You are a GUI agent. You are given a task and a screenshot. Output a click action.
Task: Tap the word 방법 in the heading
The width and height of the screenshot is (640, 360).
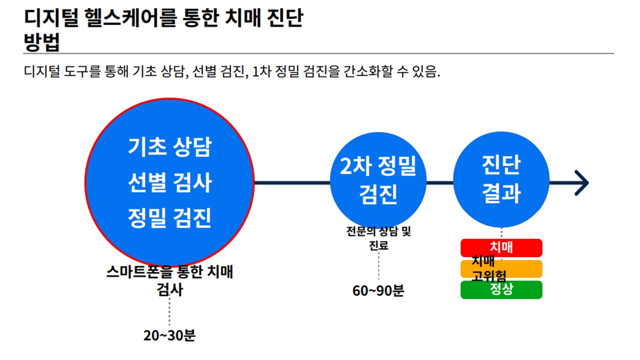click(x=41, y=42)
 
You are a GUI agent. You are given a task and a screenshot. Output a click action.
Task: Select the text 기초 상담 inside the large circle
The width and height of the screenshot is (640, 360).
click(x=169, y=147)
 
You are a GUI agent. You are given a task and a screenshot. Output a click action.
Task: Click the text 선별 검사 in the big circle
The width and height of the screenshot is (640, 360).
click(x=169, y=182)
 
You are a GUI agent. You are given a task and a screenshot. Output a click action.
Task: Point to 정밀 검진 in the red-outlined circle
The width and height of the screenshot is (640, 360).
click(x=169, y=218)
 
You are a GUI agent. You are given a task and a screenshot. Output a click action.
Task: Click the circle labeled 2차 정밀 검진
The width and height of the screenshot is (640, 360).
click(x=378, y=180)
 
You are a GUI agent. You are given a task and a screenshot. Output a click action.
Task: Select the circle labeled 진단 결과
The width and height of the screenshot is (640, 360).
click(x=501, y=179)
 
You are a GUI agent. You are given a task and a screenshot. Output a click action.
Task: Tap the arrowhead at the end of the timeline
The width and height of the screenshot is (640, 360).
click(x=581, y=183)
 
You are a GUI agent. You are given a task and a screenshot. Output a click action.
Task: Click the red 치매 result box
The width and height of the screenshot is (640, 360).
click(x=501, y=247)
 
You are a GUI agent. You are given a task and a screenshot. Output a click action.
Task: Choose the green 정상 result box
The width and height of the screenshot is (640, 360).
click(x=501, y=289)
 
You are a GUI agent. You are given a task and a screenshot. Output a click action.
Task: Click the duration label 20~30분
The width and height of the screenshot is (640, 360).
click(x=169, y=335)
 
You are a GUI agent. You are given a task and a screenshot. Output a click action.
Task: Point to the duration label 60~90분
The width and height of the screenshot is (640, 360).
click(x=378, y=290)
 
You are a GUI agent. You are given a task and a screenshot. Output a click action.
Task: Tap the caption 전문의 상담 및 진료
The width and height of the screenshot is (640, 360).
click(x=378, y=238)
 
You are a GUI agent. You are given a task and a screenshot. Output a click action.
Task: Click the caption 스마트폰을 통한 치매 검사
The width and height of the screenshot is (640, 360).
click(x=169, y=280)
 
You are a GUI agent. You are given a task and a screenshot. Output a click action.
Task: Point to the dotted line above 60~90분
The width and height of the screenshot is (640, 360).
click(x=378, y=265)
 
